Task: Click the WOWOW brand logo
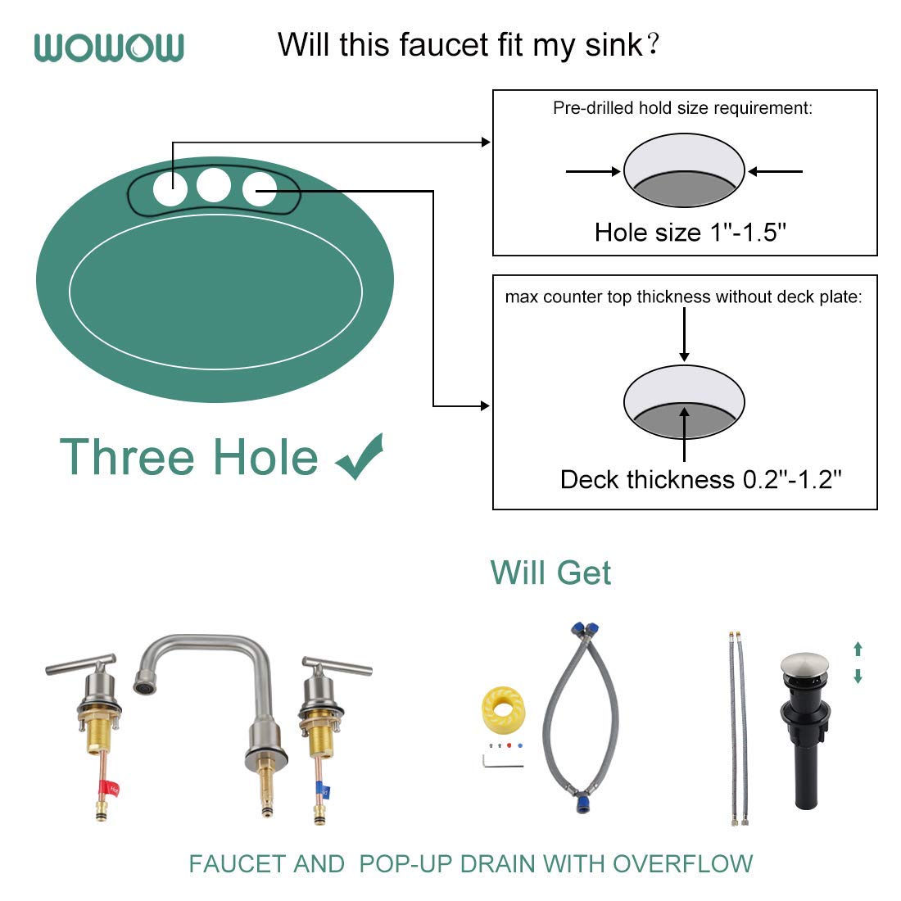109,48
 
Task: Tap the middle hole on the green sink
214,185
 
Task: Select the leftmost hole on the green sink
170,189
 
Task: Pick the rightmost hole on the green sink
259,189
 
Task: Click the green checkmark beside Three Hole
359,457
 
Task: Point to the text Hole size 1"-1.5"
690,233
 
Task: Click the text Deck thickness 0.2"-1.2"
700,479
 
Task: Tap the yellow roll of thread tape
502,710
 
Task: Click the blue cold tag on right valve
324,792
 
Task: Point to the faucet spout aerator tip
145,682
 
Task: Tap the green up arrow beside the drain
858,650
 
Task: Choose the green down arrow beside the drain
858,677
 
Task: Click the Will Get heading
550,573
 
